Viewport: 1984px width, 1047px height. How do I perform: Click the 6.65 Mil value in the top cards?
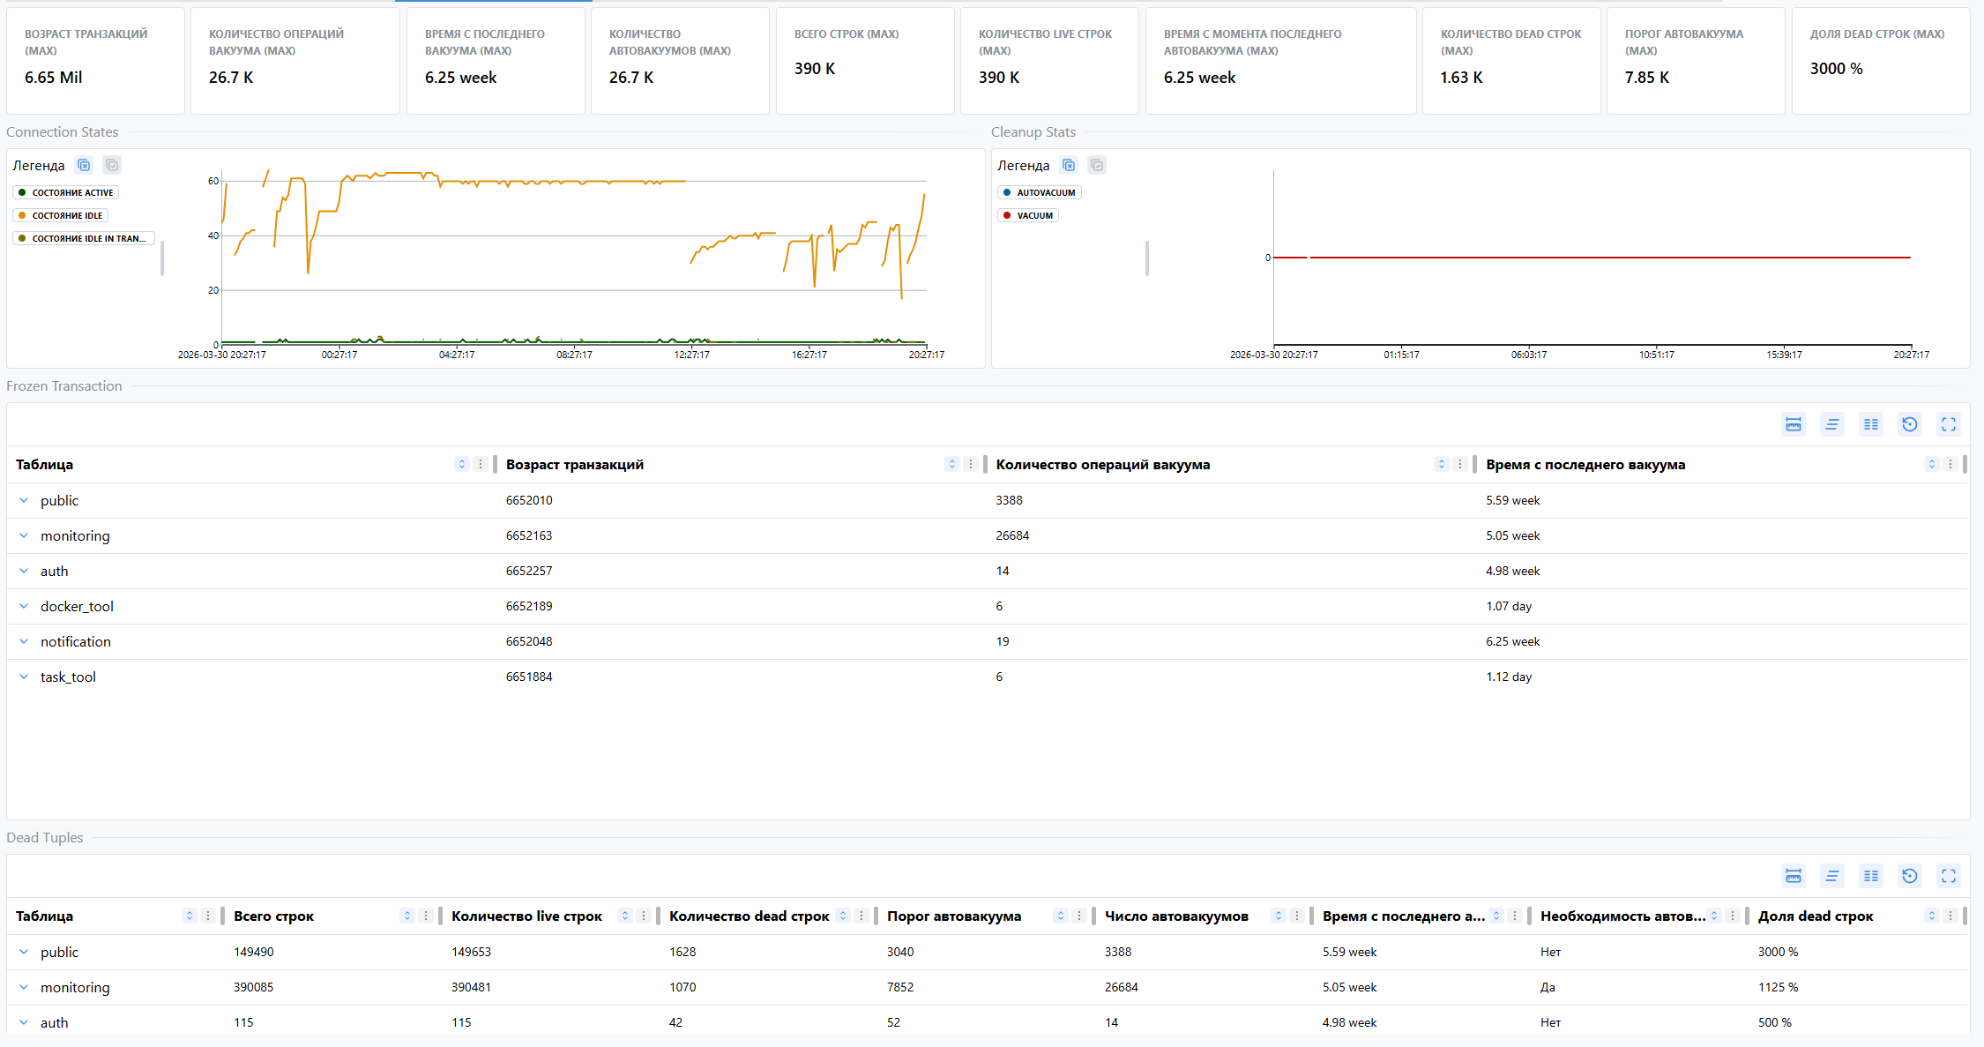54,78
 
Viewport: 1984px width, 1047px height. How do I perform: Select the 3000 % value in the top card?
1836,69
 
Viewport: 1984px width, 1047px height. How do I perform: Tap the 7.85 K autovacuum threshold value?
1646,78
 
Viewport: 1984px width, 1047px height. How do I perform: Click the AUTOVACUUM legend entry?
1045,192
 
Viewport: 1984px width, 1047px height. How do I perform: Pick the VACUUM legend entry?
1033,215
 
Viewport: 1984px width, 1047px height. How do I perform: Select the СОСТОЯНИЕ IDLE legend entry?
67,215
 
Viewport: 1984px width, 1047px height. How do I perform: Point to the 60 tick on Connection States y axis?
213,181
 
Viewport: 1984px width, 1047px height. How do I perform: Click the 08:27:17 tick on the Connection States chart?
574,355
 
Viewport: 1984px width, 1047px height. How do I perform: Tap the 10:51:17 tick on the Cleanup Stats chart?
1656,355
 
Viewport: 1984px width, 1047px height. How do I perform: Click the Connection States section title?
63,132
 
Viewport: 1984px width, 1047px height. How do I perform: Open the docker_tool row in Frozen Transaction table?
77,606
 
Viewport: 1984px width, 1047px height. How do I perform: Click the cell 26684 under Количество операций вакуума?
1012,535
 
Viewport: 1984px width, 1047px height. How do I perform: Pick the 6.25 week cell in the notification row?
1512,641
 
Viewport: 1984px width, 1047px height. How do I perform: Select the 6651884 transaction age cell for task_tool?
529,677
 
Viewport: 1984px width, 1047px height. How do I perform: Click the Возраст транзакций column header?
575,465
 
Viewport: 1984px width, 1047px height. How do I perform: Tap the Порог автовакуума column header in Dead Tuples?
954,916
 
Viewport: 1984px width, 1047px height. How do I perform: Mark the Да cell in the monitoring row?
1548,987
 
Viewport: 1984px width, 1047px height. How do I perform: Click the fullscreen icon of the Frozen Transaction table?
1948,424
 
